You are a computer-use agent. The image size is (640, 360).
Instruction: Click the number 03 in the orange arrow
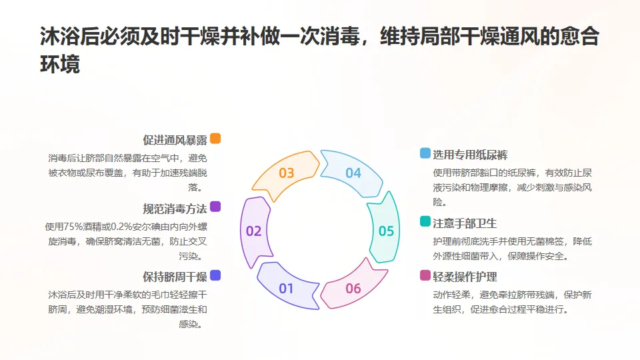(x=287, y=173)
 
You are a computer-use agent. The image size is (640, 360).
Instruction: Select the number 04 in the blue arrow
(x=353, y=173)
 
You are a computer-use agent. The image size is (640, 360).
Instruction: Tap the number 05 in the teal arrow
(x=387, y=231)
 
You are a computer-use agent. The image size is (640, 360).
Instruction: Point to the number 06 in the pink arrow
(x=353, y=289)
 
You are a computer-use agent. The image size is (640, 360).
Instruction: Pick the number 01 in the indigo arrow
(x=286, y=289)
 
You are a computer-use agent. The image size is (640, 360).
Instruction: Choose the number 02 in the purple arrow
(x=253, y=231)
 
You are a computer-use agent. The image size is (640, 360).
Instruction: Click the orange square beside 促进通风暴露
(x=215, y=139)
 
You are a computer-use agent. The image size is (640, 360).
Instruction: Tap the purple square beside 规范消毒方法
(x=215, y=207)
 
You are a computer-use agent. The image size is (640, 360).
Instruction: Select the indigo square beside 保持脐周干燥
(x=215, y=275)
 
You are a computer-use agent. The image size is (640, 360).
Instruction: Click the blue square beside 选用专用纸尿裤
(x=425, y=153)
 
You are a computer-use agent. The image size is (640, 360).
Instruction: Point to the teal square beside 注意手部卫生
(x=425, y=221)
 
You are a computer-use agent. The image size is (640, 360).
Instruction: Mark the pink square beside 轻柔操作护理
(x=425, y=275)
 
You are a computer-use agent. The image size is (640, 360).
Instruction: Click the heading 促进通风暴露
(x=175, y=140)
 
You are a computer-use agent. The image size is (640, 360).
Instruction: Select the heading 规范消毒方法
(x=175, y=208)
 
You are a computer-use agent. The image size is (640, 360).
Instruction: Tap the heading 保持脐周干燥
(x=175, y=277)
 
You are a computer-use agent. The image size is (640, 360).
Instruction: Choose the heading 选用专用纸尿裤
(x=470, y=155)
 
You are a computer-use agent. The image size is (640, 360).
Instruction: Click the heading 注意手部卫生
(x=465, y=223)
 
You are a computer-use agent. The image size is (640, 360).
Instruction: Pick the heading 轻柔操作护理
(x=465, y=277)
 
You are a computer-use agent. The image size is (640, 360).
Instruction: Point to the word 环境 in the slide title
(x=60, y=65)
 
